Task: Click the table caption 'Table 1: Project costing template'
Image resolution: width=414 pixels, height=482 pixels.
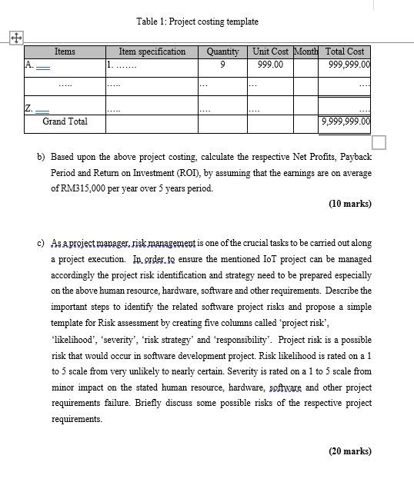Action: [197, 22]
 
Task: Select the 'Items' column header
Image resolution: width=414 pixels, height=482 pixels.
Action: [65, 52]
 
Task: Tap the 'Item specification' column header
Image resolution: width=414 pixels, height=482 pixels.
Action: [152, 52]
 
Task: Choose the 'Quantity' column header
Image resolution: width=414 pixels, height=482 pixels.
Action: [222, 52]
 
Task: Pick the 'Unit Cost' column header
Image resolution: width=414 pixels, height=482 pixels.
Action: [270, 52]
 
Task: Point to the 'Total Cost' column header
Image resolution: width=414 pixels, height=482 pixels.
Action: [345, 52]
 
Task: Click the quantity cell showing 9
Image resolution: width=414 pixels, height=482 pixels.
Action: [222, 65]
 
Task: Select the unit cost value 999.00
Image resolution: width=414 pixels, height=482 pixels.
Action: [270, 65]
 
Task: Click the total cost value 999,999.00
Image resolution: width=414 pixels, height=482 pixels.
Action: [349, 65]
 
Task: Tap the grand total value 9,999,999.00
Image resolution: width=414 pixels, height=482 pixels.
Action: [346, 121]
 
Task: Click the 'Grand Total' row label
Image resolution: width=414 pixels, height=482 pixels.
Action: [65, 121]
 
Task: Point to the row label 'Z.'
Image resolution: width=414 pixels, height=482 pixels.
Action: [29, 108]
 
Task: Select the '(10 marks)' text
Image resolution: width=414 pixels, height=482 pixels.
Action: [349, 204]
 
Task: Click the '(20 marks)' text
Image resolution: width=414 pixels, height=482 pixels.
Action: [349, 451]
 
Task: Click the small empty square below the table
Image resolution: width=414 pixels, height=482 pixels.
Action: [379, 142]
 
